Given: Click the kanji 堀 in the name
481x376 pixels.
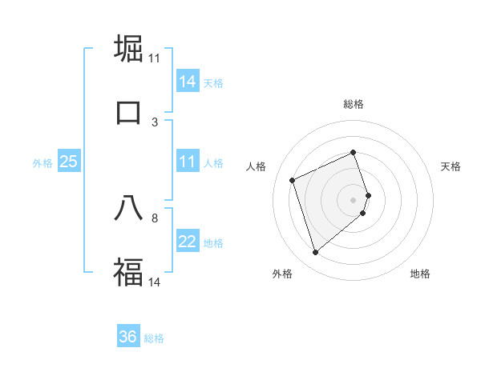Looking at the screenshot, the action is click(x=128, y=49).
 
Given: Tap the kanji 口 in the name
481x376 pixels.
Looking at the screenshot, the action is click(x=128, y=112).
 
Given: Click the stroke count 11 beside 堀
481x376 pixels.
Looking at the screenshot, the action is click(x=155, y=58).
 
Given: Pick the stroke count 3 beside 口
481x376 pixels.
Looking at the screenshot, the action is click(x=155, y=122).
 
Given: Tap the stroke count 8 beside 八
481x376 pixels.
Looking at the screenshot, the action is click(x=155, y=217).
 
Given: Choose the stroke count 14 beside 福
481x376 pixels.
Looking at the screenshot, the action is click(x=155, y=282).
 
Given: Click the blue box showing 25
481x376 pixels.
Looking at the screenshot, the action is click(x=68, y=162).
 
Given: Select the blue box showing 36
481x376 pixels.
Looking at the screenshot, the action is click(x=128, y=337).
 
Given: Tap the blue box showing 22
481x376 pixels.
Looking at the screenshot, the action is click(x=187, y=242).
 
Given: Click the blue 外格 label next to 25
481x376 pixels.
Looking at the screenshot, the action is click(x=42, y=163).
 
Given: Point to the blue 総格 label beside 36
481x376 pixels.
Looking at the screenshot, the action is click(x=154, y=338).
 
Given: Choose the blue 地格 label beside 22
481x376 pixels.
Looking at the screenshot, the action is click(x=213, y=243).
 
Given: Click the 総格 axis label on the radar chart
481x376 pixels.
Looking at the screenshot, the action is click(x=354, y=104).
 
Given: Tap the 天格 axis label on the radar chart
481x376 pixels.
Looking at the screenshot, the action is click(x=451, y=166).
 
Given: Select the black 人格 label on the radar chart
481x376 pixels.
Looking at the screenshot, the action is click(x=256, y=166).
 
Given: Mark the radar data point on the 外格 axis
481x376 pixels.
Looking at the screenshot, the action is click(x=315, y=253).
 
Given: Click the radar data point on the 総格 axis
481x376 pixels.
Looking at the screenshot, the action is click(x=354, y=152).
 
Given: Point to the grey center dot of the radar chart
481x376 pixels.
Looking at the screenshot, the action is click(x=354, y=199).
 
